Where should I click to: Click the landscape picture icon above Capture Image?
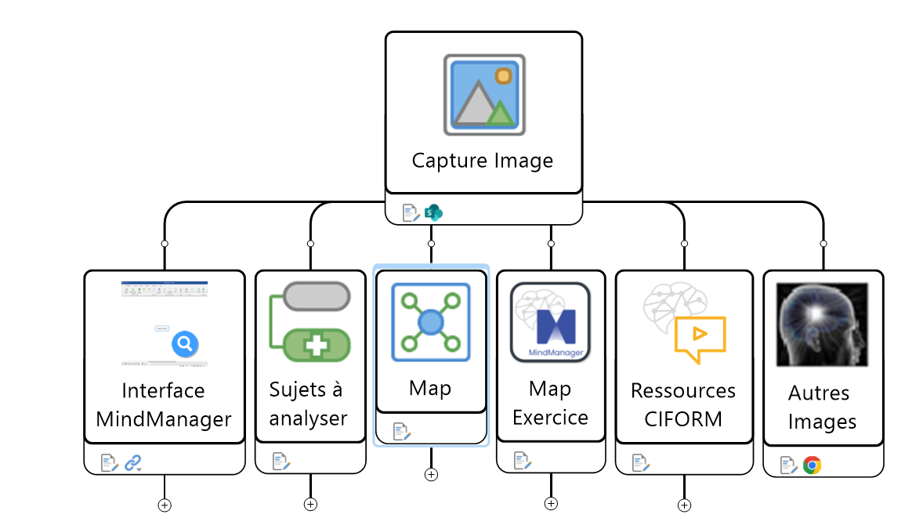[483, 94]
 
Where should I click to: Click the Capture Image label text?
[483, 161]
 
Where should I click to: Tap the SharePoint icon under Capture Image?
[433, 212]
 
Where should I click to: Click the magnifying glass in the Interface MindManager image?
[185, 343]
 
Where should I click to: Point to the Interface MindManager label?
[163, 404]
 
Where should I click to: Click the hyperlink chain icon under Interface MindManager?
[132, 463]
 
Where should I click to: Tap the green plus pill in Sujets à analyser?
[317, 346]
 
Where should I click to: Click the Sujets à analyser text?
[308, 404]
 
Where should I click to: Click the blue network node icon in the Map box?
[430, 322]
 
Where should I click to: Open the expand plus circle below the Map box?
[431, 474]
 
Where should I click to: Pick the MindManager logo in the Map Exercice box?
[550, 323]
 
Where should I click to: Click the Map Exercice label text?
[550, 403]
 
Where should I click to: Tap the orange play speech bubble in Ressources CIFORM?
[700, 337]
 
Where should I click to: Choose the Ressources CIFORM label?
[683, 404]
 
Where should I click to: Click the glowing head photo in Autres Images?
[822, 324]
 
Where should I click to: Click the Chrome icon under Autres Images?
[813, 465]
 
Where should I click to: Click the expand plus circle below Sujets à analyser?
[310, 504]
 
